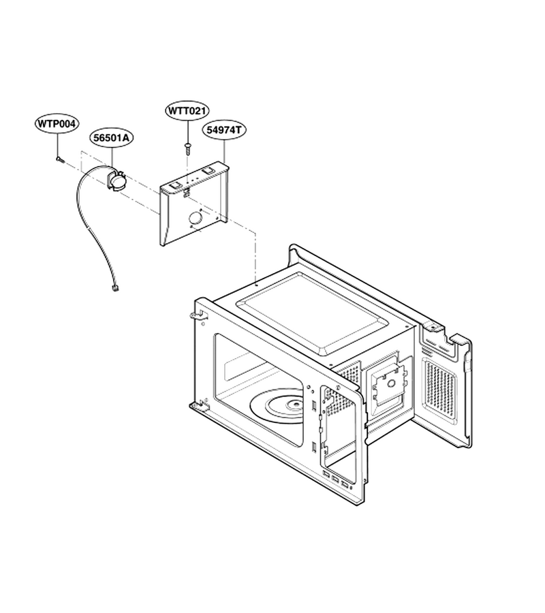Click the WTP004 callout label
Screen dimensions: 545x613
point(57,124)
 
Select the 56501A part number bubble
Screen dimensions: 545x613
point(111,138)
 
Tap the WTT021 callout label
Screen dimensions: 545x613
point(187,110)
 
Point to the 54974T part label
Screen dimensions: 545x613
point(224,130)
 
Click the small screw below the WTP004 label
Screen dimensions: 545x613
point(59,159)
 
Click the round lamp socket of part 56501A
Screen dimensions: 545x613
point(117,181)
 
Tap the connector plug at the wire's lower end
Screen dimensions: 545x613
point(115,289)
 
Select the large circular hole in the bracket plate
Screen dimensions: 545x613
point(195,218)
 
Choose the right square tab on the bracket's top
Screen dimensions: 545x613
point(208,171)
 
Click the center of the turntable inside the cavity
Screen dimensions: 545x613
point(296,405)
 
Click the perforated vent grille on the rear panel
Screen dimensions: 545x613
point(440,392)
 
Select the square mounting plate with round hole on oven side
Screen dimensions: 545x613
point(390,384)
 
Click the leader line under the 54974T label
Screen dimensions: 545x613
point(224,151)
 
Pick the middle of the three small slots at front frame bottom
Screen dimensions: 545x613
point(334,479)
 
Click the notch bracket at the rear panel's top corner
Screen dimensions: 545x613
point(433,326)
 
